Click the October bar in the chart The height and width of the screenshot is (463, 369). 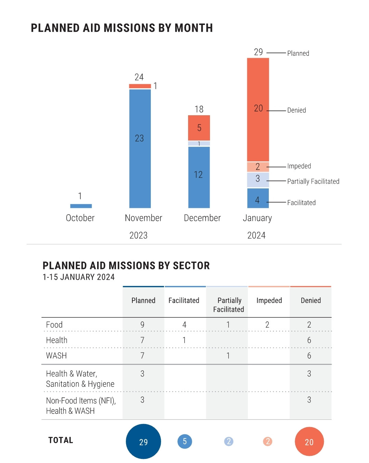pyautogui.click(x=81, y=206)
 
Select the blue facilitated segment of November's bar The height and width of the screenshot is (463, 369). pyautogui.click(x=140, y=148)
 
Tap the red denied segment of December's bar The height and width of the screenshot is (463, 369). pyautogui.click(x=199, y=128)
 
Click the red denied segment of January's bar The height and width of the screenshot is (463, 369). pyautogui.click(x=258, y=109)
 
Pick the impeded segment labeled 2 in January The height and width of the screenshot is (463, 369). pyautogui.click(x=258, y=167)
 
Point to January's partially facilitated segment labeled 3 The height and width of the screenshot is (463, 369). pyautogui.click(x=258, y=179)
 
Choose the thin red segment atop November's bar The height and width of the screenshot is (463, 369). pyautogui.click(x=140, y=86)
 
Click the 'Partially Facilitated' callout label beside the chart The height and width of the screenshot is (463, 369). pyautogui.click(x=313, y=182)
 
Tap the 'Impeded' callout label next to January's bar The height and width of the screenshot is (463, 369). pyautogui.click(x=299, y=166)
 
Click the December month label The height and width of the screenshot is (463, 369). pyautogui.click(x=202, y=218)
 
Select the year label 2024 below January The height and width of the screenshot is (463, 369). pyautogui.click(x=256, y=235)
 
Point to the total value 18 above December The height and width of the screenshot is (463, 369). pyautogui.click(x=199, y=109)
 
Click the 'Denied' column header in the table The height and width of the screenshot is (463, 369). pyautogui.click(x=311, y=301)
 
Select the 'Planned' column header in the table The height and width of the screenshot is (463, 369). pyautogui.click(x=143, y=301)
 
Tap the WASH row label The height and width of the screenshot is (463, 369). pyautogui.click(x=56, y=356)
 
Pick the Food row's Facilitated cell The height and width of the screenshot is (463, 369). pyautogui.click(x=184, y=325)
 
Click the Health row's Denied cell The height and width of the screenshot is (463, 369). pyautogui.click(x=309, y=340)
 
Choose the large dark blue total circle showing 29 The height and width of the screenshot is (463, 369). pyautogui.click(x=143, y=441)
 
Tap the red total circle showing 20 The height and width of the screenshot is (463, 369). pyautogui.click(x=309, y=441)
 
